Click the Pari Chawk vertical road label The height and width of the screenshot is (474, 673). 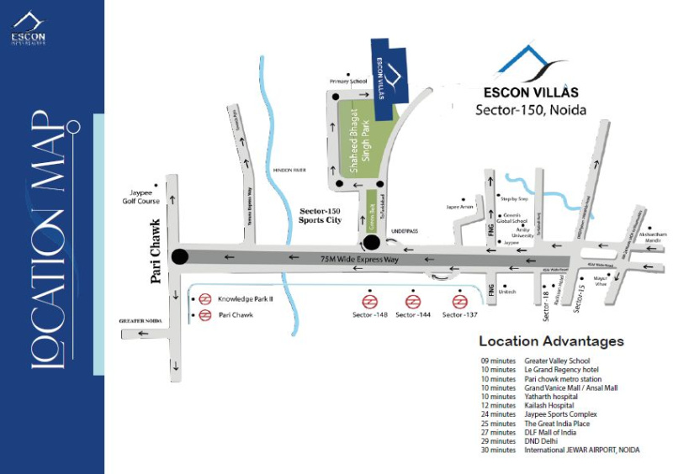click(x=156, y=252)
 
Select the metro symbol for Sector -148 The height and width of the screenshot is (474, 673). click(x=369, y=301)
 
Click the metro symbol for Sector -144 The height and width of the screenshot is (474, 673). click(x=412, y=301)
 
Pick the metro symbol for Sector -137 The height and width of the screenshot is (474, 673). click(x=459, y=301)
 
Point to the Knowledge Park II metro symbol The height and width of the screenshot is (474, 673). click(x=204, y=299)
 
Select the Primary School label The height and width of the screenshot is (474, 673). click(x=348, y=81)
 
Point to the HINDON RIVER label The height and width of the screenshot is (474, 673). click(x=288, y=171)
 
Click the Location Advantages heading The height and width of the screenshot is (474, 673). click(x=551, y=341)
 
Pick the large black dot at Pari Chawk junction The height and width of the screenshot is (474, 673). click(x=179, y=257)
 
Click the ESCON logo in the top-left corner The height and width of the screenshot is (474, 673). click(x=28, y=29)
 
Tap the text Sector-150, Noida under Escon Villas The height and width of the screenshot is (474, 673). click(x=531, y=110)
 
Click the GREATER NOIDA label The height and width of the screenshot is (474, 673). click(x=140, y=320)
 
